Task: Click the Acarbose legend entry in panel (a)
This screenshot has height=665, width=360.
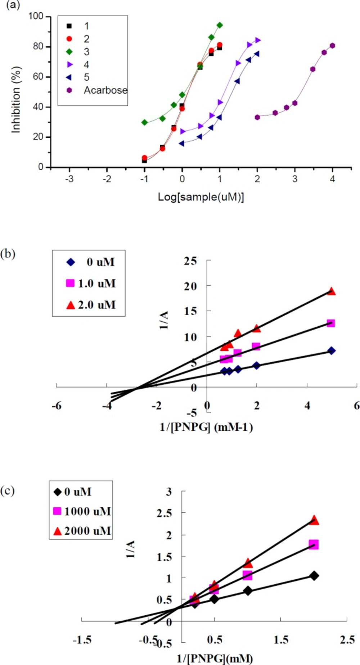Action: (105, 90)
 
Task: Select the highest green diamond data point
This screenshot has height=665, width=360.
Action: (220, 25)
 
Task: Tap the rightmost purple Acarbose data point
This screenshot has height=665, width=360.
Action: (332, 46)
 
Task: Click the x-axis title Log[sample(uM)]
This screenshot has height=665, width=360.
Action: (201, 197)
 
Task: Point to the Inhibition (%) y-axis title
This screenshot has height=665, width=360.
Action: (16, 100)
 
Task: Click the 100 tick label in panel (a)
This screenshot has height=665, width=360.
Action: (36, 16)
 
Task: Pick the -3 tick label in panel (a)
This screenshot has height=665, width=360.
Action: (69, 179)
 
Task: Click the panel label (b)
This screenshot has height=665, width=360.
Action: (8, 254)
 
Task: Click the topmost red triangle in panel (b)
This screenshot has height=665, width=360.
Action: (331, 291)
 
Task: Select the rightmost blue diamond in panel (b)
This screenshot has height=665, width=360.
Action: (331, 350)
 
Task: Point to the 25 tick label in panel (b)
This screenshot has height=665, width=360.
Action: (190, 261)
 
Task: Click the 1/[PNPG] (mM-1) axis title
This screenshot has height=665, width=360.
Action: (206, 427)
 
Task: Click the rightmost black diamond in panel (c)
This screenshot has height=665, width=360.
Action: (314, 576)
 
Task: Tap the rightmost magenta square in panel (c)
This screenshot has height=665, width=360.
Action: (314, 544)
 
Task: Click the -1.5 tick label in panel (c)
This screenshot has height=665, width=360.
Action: (82, 640)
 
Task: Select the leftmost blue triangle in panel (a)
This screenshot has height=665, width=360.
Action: (181, 143)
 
